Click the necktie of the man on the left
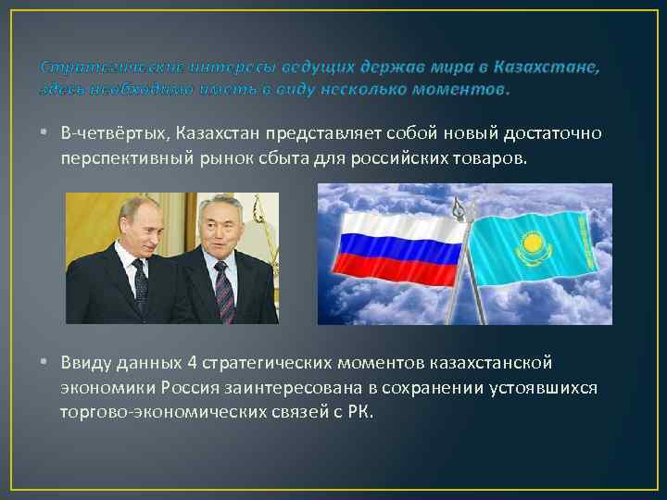point(140,282)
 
